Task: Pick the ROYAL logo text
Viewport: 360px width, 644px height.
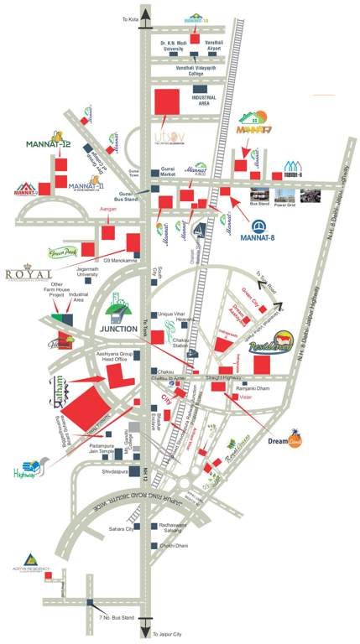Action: click(29, 273)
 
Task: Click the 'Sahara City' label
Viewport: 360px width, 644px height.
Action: click(121, 530)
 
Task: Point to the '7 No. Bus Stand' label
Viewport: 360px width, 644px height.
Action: click(115, 618)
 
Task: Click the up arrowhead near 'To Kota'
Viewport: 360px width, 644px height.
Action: click(148, 12)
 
